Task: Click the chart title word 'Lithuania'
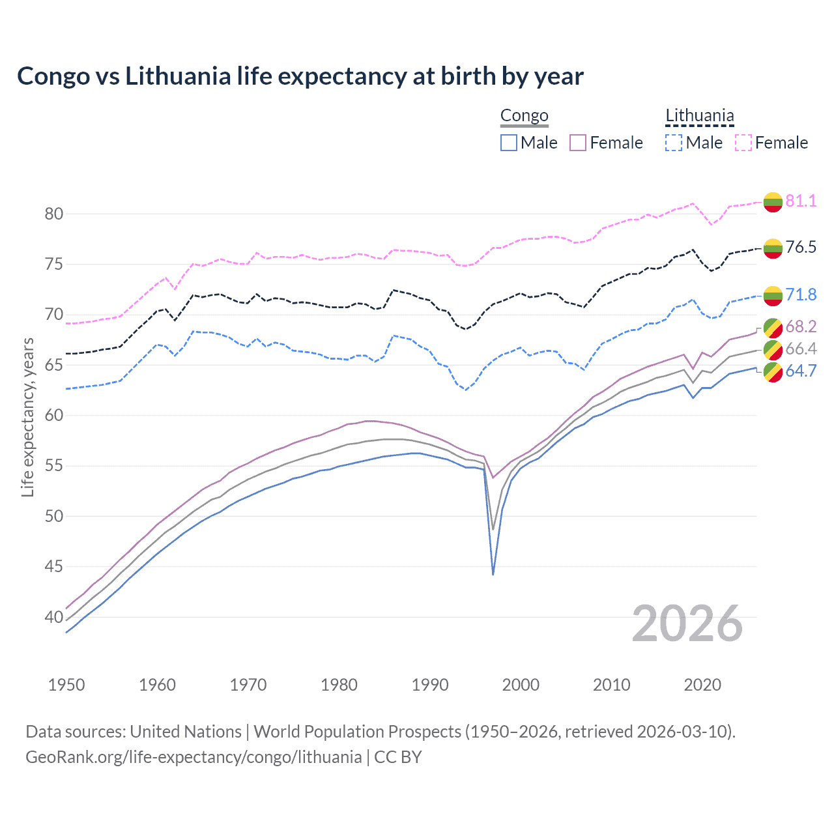[x=178, y=76]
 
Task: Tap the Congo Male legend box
[x=509, y=143]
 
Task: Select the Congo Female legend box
[x=578, y=143]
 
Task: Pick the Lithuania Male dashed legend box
[x=674, y=143]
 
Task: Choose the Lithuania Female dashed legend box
[x=743, y=143]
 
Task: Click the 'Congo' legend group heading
[x=524, y=116]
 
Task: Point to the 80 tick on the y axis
[x=54, y=214]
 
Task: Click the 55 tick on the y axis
[x=54, y=466]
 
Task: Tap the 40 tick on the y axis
[x=54, y=617]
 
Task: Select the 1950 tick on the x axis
[x=66, y=685]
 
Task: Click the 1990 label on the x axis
[x=430, y=685]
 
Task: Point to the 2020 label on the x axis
[x=702, y=685]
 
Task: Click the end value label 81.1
[x=801, y=201]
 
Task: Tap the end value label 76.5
[x=801, y=247]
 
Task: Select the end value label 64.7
[x=801, y=371]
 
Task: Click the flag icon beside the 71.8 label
[x=773, y=295]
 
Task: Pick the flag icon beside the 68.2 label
[x=773, y=327]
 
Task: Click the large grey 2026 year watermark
[x=687, y=624]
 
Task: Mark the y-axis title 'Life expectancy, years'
[x=27, y=417]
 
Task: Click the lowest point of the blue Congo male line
[x=493, y=574]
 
